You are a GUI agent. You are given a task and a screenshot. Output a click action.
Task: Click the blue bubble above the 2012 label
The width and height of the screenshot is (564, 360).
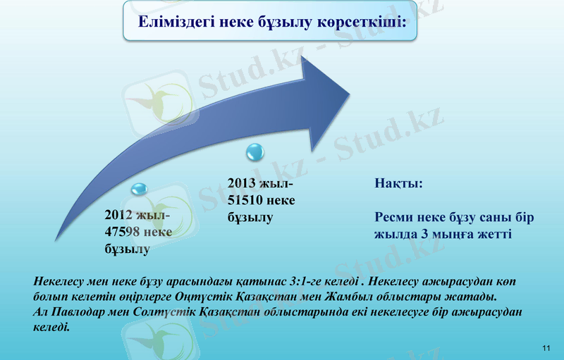coord(140,189)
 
